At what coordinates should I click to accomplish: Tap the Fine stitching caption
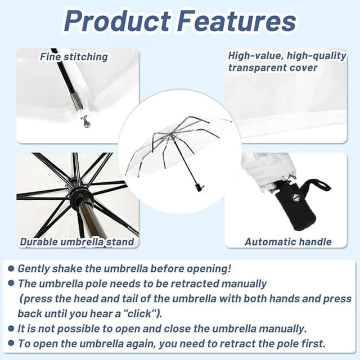click(74, 56)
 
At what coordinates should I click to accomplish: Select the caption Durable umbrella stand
click(77, 242)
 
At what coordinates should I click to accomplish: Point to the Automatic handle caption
click(288, 242)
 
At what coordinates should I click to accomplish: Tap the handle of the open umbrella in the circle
click(198, 185)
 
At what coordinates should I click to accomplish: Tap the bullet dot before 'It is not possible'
click(11, 328)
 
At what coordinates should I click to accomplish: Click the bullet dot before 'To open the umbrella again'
click(11, 343)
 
